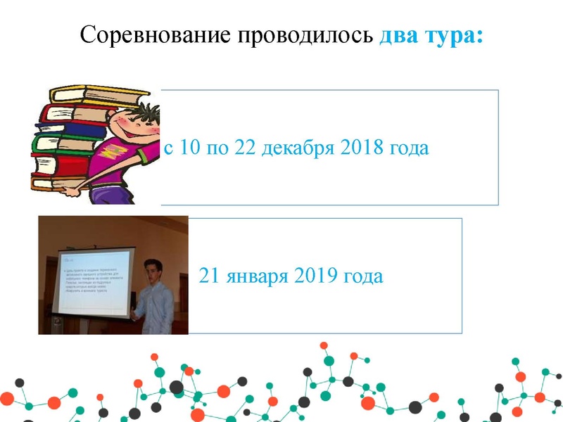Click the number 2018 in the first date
tap(363, 148)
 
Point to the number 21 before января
tap(210, 276)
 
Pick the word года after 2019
tap(362, 276)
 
